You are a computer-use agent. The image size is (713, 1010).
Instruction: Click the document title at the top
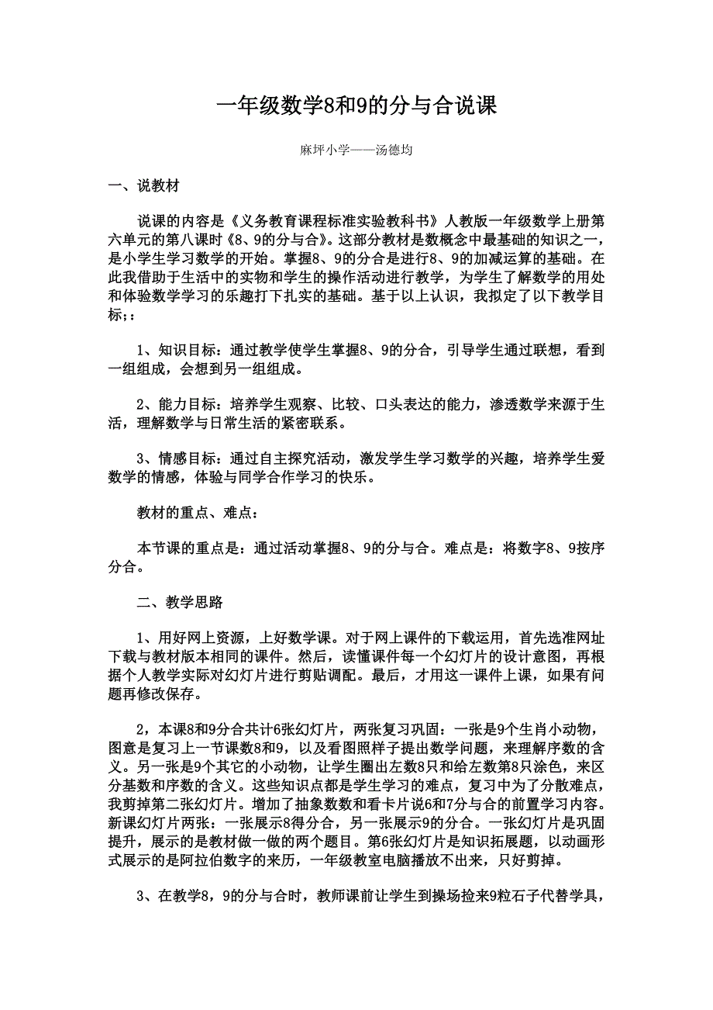(x=356, y=106)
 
